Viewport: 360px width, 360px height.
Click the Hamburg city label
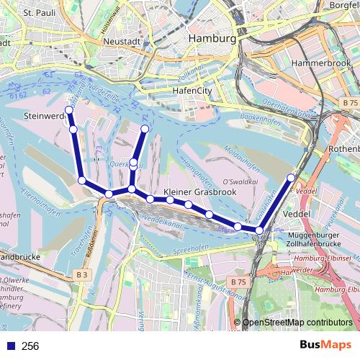click(x=211, y=38)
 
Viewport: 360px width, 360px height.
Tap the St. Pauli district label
click(x=39, y=12)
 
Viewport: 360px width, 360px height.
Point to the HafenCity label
click(x=192, y=91)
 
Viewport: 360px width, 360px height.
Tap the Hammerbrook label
click(x=320, y=63)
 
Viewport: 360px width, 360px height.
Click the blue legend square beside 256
click(x=9, y=346)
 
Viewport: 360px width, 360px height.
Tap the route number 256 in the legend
click(x=30, y=346)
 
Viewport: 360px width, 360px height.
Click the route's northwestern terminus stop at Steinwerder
click(x=69, y=110)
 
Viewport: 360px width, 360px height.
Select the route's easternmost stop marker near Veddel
click(x=291, y=177)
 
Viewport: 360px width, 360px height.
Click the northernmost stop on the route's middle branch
click(x=145, y=129)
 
